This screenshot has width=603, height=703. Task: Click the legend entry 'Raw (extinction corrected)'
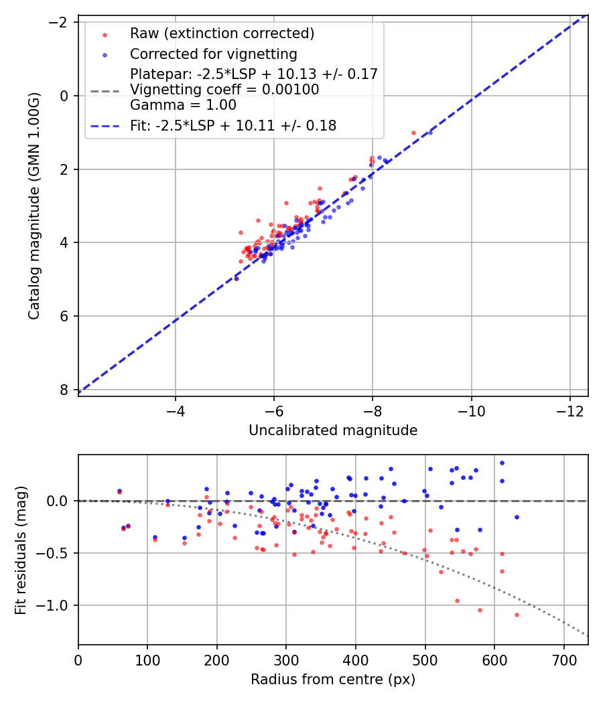[222, 33]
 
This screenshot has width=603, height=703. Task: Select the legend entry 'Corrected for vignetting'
[213, 54]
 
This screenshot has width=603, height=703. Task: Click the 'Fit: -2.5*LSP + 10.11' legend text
[233, 125]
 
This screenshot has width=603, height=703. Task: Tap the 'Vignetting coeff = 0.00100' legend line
[224, 90]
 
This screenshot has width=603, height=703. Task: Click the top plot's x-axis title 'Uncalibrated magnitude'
[333, 431]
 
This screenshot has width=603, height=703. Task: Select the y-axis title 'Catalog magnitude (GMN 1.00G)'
[35, 206]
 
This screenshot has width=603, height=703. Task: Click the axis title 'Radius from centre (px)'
[333, 680]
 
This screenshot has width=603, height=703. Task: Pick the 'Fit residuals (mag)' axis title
[21, 550]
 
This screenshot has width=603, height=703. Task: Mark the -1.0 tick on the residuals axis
[57, 605]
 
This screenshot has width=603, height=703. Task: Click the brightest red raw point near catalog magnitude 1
[413, 133]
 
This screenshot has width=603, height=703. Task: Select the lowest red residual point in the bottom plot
[517, 615]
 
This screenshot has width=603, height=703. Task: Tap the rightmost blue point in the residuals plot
[517, 517]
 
